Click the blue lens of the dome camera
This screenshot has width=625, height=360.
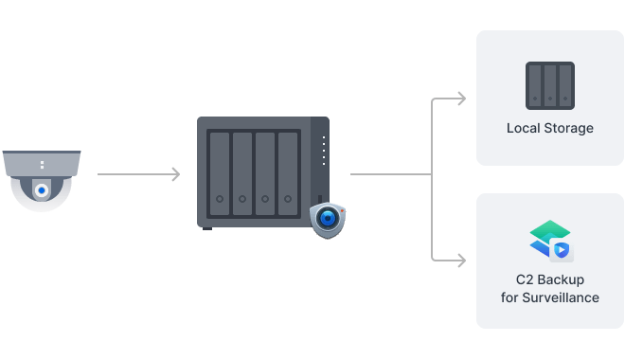pos(42,190)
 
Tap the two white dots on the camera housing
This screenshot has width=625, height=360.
pos(42,166)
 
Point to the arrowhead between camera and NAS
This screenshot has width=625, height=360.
pos(175,174)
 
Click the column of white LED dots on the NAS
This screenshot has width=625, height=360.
pos(323,150)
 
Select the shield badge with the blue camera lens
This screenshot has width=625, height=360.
pos(328,219)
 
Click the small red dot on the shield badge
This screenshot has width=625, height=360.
pos(342,207)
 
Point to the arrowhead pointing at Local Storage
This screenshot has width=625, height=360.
pos(461,99)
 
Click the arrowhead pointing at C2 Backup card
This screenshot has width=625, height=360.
pos(461,258)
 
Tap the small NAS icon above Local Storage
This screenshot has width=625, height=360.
pos(550,85)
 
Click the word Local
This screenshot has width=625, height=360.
pos(524,128)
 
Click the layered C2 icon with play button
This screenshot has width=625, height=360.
pos(550,241)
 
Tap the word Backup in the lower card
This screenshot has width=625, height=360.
pos(562,280)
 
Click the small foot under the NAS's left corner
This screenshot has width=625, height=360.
pos(207,227)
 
